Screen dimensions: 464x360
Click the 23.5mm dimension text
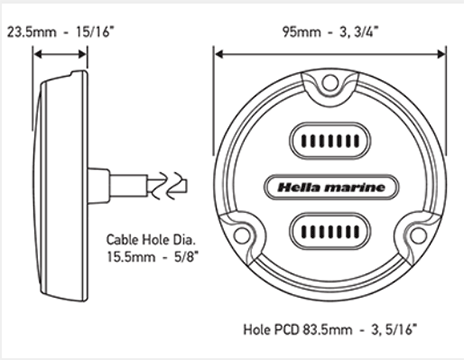pos(31,32)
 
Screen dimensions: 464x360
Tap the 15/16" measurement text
pos(95,32)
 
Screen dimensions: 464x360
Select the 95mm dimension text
pos(302,32)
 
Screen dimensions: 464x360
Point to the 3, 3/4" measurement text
pos(359,32)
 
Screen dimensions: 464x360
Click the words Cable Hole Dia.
pos(151,240)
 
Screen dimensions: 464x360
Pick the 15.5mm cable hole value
pos(131,257)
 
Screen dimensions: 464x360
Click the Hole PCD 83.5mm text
pos(297,330)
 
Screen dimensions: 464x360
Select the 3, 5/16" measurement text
pos(394,330)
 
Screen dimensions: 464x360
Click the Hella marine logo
pos(331,187)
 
